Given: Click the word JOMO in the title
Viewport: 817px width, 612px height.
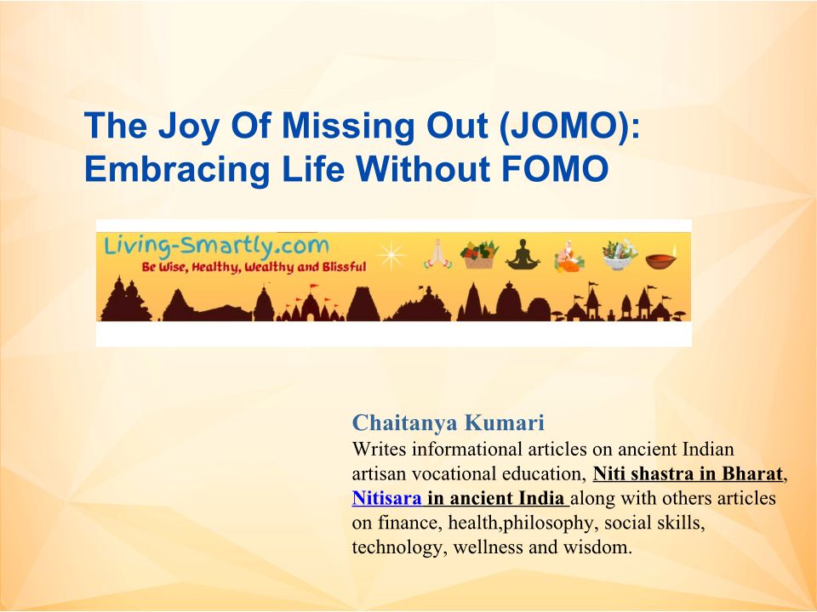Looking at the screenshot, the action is tap(568, 126).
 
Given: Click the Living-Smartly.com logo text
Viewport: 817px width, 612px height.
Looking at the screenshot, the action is tap(217, 246).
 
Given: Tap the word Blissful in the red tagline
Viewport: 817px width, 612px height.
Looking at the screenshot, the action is tap(344, 268).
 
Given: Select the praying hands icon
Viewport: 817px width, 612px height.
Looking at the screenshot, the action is tap(437, 254).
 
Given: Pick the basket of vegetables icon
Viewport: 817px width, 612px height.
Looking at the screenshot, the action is tap(479, 254).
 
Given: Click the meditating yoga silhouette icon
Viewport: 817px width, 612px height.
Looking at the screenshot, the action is tap(523, 254).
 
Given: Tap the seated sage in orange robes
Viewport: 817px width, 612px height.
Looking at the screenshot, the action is tap(569, 256).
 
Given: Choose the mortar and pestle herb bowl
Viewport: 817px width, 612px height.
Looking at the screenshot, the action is tap(619, 255).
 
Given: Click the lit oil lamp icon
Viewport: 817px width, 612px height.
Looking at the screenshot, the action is tap(661, 257).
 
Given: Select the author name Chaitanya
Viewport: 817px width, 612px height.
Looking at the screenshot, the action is tap(404, 423).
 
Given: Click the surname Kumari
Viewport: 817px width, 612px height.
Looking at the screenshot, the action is tap(505, 422).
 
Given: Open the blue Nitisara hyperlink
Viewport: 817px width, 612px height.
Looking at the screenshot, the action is tap(386, 499).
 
